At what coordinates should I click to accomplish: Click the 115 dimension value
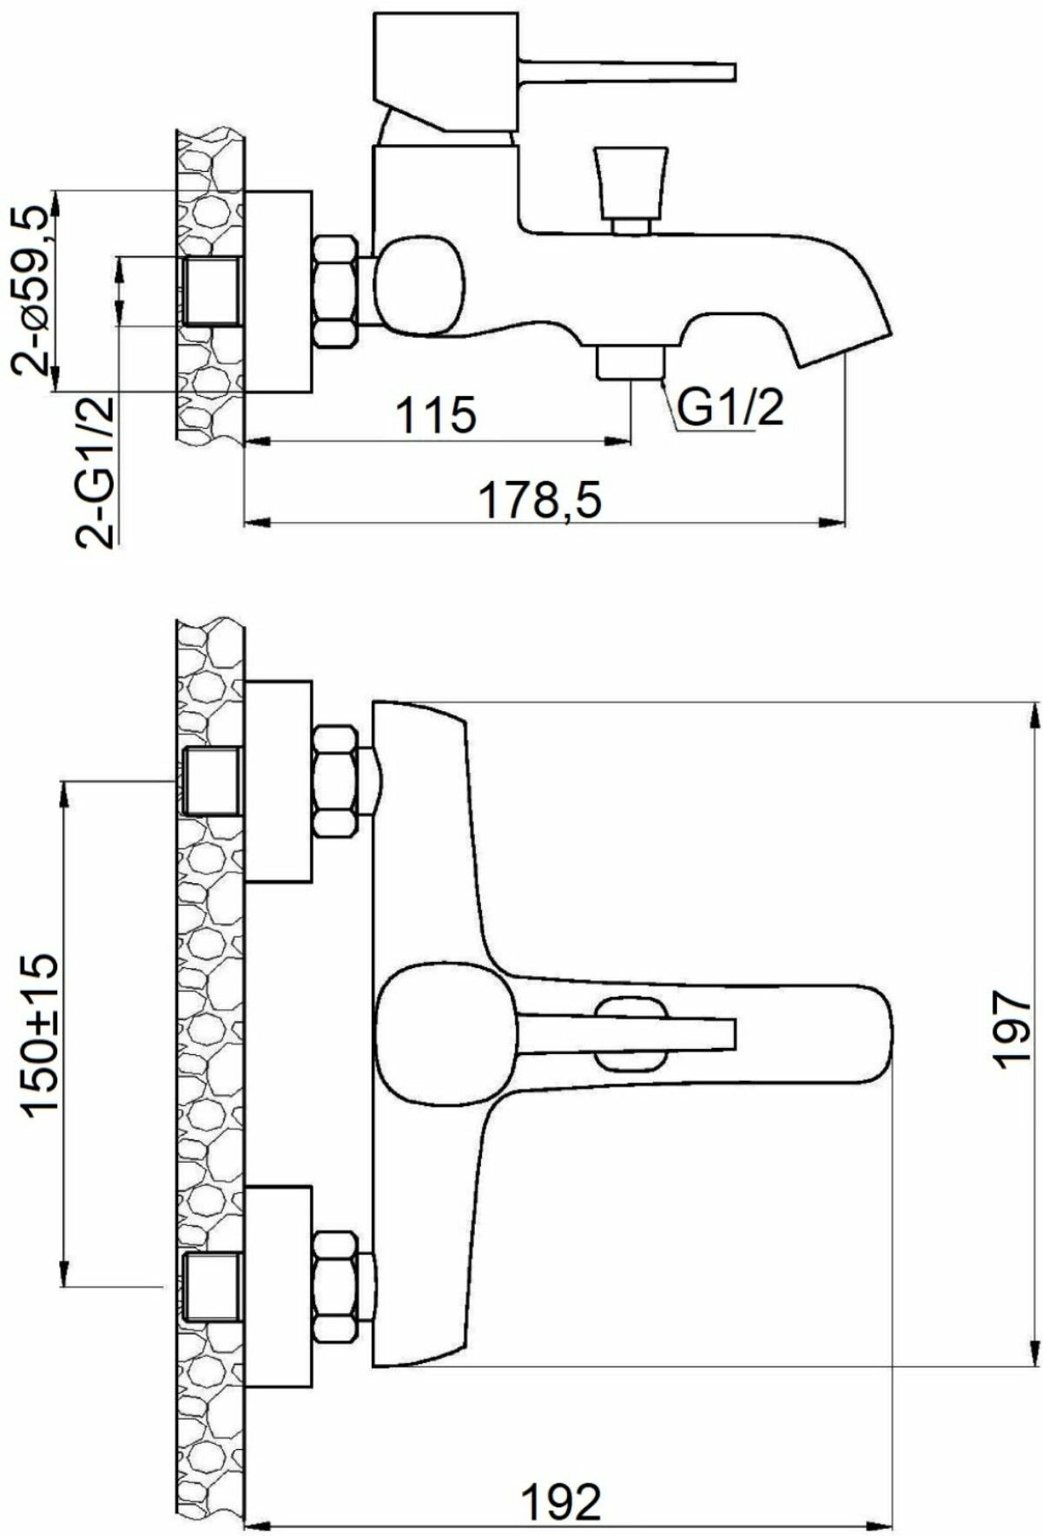coord(436,415)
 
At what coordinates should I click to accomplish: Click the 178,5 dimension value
coord(542,501)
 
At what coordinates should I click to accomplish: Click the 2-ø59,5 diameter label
coord(33,290)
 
